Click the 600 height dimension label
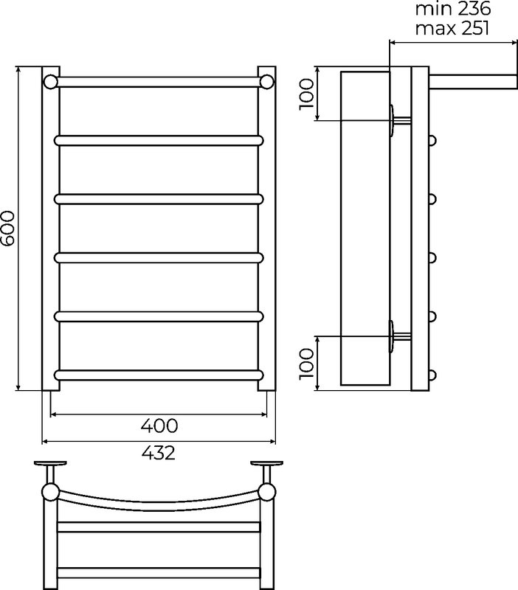(7, 229)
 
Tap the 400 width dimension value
(159, 426)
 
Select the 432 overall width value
(159, 453)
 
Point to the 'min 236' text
(453, 9)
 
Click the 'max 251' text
(452, 28)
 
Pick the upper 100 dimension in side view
(307, 94)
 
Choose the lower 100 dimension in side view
(307, 364)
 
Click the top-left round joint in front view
(50, 82)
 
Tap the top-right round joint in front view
(267, 82)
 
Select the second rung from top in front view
(159, 140)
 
